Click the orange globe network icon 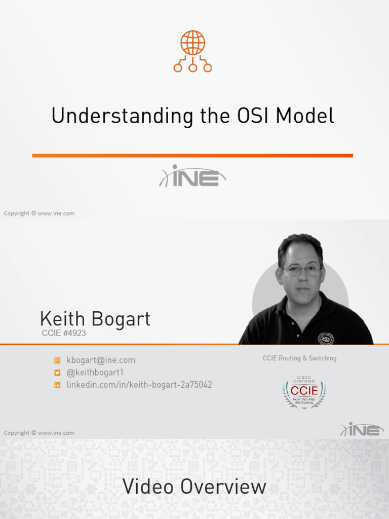coord(192,51)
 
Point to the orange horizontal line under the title coord(192,156)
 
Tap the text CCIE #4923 coord(64,333)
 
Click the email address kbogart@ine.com coord(101,360)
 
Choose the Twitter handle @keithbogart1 coord(95,373)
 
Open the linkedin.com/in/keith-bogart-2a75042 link coord(139,385)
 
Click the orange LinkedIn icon coord(57,385)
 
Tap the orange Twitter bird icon coord(57,373)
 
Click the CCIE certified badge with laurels coord(304,392)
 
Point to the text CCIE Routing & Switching coord(299,358)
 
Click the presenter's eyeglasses coord(301,270)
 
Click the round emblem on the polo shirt coord(326,338)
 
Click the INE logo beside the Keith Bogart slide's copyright coord(362,430)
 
